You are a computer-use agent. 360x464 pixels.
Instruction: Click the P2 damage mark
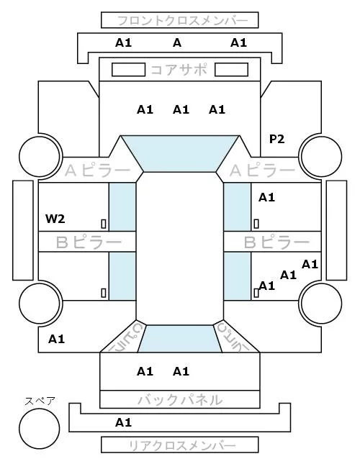(x=276, y=139)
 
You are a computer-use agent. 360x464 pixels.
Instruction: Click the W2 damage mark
(x=55, y=219)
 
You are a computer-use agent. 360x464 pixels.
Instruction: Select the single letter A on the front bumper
(x=177, y=43)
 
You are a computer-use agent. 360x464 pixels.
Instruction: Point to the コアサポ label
(x=179, y=70)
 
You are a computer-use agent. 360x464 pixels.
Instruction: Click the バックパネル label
(x=180, y=400)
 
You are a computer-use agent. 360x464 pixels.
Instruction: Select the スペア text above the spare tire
(x=40, y=401)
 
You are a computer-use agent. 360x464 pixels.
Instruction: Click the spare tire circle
(x=40, y=429)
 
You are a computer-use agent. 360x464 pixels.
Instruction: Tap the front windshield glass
(x=180, y=153)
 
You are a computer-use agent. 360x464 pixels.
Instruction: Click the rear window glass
(x=180, y=339)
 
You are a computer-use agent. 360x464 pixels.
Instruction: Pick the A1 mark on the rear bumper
(x=123, y=422)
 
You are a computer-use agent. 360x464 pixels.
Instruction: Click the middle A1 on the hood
(x=181, y=110)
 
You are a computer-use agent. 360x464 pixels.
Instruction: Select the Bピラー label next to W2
(x=89, y=242)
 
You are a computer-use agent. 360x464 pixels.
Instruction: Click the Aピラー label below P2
(x=263, y=170)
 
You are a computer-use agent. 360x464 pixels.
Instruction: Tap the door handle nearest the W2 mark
(x=104, y=224)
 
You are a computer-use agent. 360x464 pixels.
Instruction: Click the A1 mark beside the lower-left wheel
(x=57, y=339)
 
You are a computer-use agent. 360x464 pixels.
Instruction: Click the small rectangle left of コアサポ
(x=128, y=70)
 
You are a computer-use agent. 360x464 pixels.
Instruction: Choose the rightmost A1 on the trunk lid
(x=181, y=371)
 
